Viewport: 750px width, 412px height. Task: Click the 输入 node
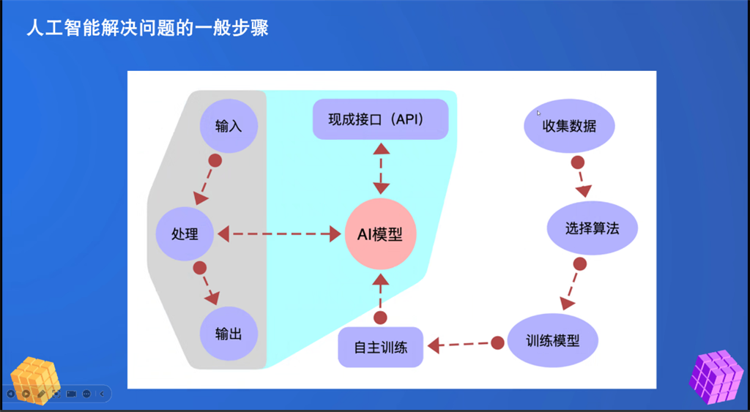tap(229, 126)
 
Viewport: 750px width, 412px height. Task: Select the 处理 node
tap(185, 233)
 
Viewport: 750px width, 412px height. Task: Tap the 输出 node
tap(229, 334)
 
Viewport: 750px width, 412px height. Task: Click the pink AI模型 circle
tap(381, 234)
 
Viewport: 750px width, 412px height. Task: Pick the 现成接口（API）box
tap(381, 119)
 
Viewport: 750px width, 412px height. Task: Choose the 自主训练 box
tap(381, 347)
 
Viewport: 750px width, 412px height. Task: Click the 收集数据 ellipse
tap(569, 126)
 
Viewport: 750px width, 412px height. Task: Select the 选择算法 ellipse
tap(592, 228)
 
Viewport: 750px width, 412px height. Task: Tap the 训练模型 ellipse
tap(552, 340)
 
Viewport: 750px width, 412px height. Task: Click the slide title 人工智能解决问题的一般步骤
tap(147, 29)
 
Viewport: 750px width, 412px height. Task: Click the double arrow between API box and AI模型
tap(381, 168)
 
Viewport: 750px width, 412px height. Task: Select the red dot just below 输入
tap(215, 160)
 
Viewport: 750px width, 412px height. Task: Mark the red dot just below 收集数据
tap(578, 162)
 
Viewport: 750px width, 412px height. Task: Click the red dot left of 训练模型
tap(497, 342)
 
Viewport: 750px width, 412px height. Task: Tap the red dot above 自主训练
tap(380, 318)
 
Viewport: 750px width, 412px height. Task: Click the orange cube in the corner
tap(35, 381)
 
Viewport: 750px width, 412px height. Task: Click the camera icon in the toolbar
tap(71, 394)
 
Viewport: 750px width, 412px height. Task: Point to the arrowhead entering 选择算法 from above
tap(584, 191)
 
